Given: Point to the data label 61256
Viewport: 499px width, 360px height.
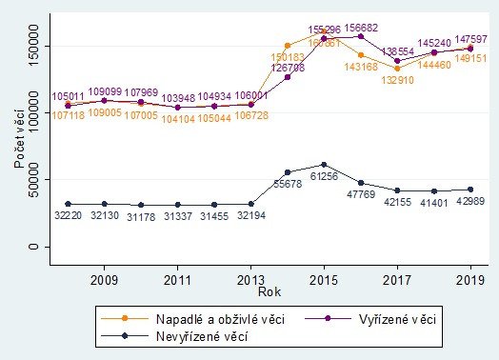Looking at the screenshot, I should pos(325,176).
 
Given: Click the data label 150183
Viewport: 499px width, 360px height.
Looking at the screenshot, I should pos(288,57).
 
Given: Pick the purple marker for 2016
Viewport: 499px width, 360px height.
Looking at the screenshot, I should pos(361,36).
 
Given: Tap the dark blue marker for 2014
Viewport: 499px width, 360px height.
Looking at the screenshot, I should pos(288,172).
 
